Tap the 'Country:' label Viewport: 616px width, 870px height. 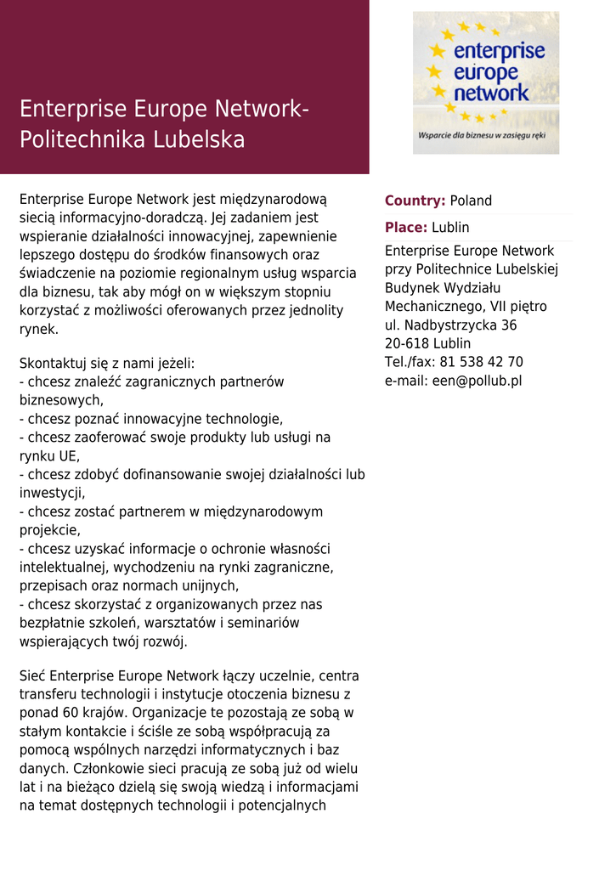point(415,201)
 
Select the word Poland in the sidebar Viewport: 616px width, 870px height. point(471,201)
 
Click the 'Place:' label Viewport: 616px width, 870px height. point(406,228)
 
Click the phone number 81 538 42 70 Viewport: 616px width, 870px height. point(481,362)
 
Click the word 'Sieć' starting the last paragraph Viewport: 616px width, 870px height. point(32,676)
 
